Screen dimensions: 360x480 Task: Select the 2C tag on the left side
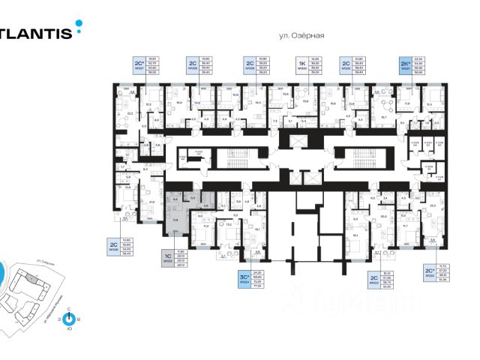pos(115,246)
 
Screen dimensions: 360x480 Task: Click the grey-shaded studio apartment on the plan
pos(176,214)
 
